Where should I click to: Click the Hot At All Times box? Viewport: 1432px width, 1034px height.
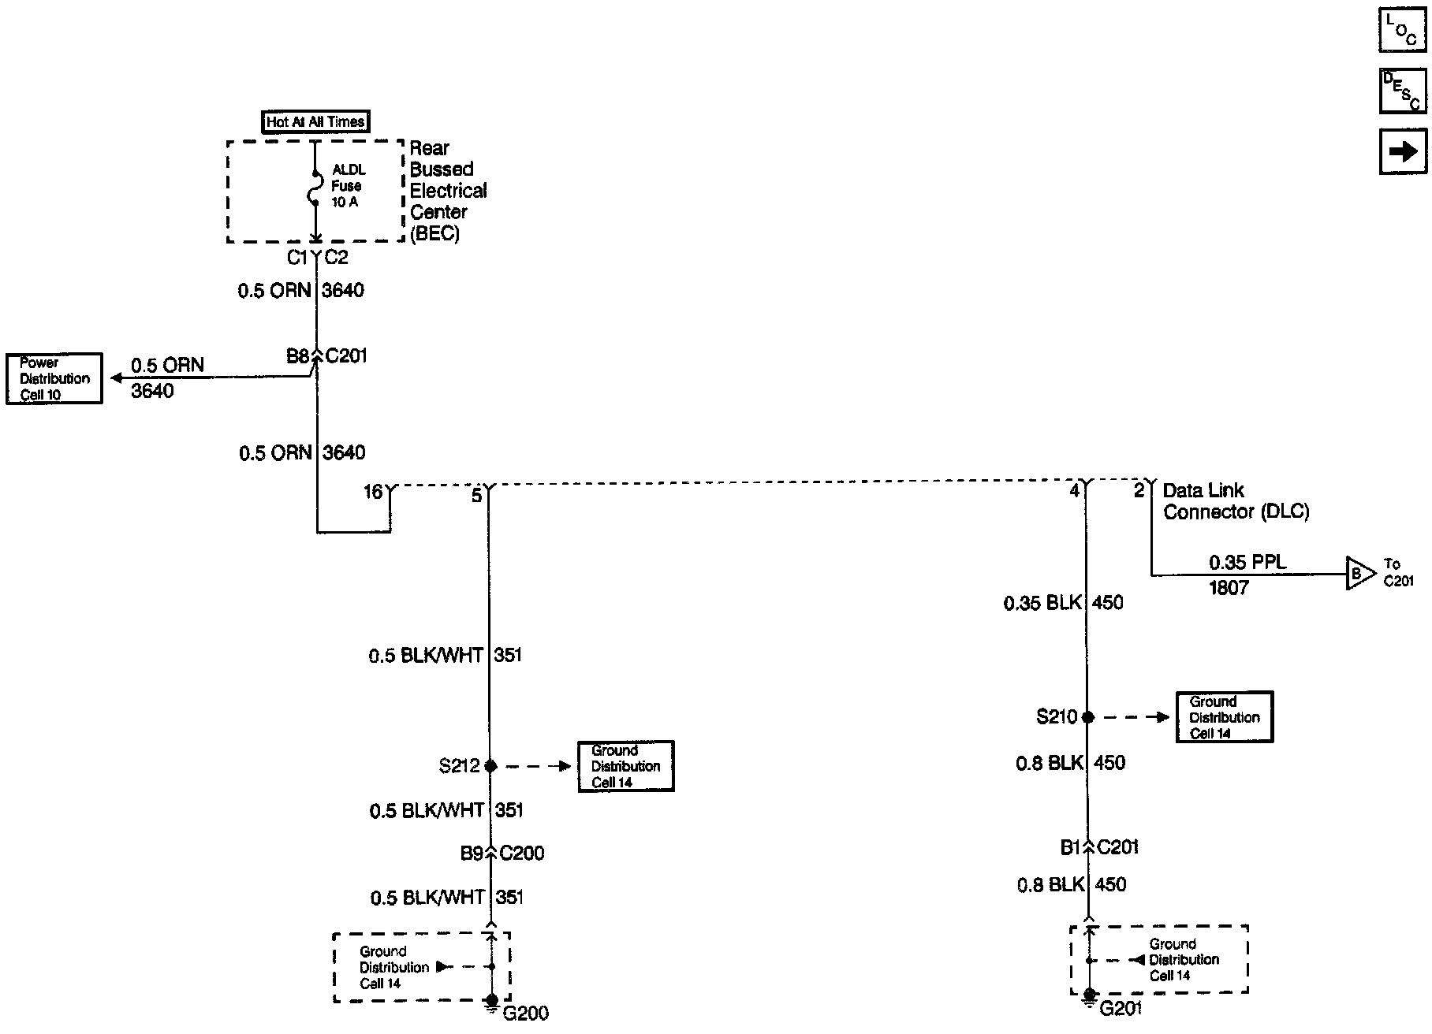[315, 122]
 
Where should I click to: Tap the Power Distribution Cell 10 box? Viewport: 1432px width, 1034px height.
[54, 378]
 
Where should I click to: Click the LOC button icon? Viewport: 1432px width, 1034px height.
[1402, 30]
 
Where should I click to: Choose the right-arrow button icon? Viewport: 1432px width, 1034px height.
[1402, 151]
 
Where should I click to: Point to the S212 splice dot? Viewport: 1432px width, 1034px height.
[490, 765]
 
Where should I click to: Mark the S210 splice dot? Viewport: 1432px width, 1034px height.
[1088, 717]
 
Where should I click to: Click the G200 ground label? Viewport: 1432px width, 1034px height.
[525, 1013]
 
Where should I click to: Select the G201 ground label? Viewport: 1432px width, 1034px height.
[1121, 1008]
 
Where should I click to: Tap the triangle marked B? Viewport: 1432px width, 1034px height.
[1359, 574]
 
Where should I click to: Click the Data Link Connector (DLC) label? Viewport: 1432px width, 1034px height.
[1236, 501]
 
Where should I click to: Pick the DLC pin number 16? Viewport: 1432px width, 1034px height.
[372, 493]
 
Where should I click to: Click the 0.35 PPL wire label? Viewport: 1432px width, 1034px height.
[1247, 563]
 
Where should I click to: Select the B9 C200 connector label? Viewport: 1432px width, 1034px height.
[502, 854]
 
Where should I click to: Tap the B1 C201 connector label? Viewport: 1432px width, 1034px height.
[1099, 848]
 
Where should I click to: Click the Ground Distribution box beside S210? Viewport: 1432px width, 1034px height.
[1225, 717]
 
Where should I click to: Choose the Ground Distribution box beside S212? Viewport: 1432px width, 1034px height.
[626, 766]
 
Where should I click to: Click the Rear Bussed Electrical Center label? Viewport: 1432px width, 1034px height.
[448, 191]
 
